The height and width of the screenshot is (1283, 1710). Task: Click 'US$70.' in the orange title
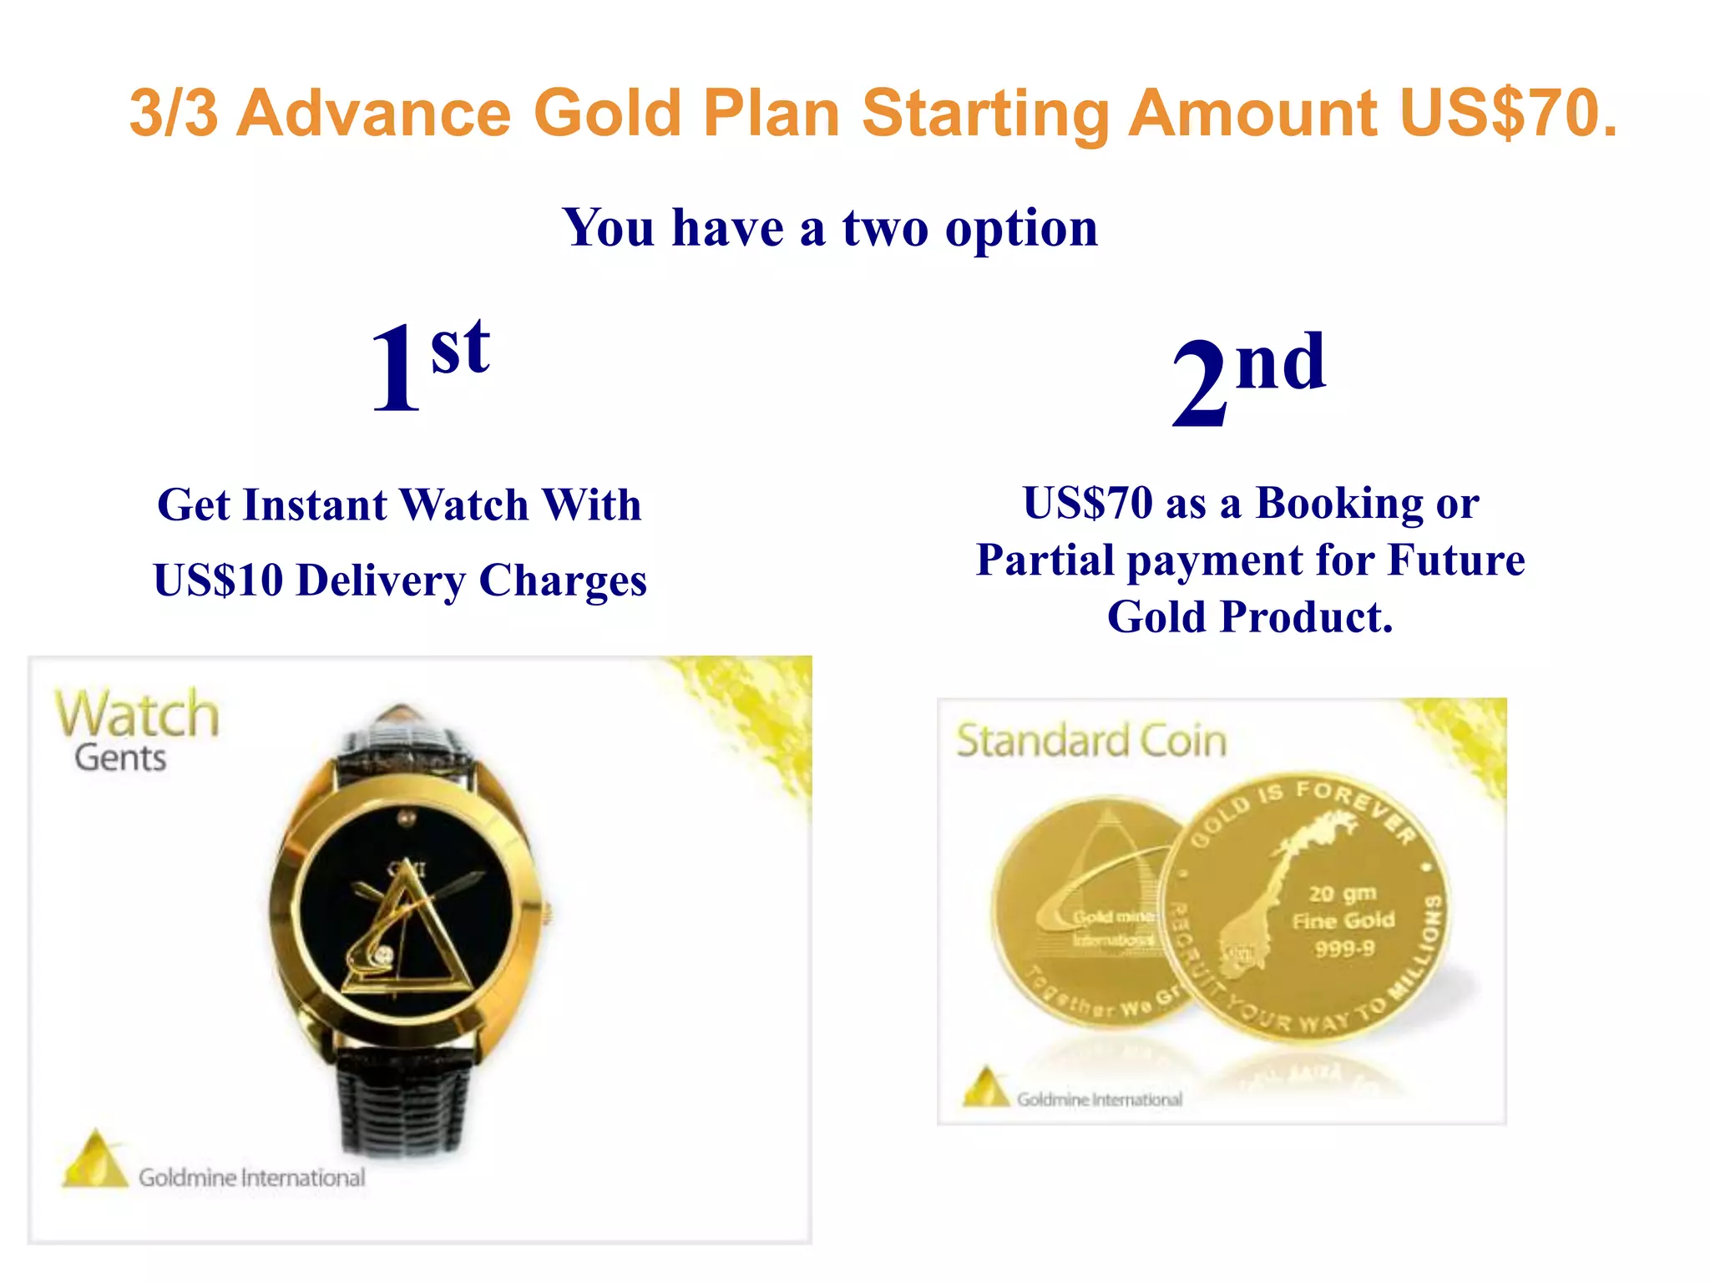tap(1508, 113)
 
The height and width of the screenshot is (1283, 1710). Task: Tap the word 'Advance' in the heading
tap(373, 113)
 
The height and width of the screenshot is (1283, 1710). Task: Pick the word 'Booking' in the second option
tap(1338, 503)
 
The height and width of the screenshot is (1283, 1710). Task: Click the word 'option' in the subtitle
tap(1021, 227)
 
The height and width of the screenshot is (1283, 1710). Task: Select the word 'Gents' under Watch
tap(120, 758)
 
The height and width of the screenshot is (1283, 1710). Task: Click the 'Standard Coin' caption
tap(1091, 741)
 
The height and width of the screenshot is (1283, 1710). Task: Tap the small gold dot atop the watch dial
tap(407, 817)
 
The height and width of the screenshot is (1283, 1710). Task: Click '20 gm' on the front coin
tap(1342, 894)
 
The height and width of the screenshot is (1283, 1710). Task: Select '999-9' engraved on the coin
tap(1343, 949)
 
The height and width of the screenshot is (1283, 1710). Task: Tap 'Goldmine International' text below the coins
tap(1099, 1099)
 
